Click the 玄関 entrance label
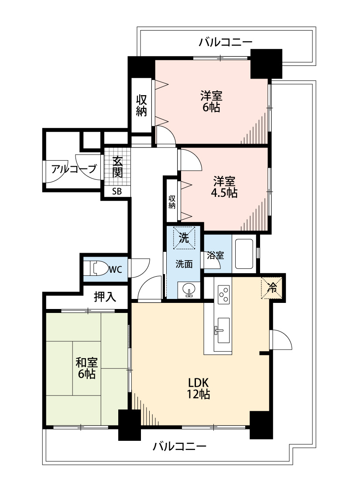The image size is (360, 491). [117, 167]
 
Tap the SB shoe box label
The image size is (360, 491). [117, 191]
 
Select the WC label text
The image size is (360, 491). [115, 269]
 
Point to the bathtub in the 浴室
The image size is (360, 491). [244, 254]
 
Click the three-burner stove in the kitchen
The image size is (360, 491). [224, 294]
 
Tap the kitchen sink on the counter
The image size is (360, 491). [223, 330]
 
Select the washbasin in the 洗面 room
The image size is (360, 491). [189, 290]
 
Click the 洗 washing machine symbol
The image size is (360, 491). [184, 238]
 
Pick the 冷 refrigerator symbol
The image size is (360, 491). [272, 288]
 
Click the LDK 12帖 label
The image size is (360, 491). [198, 388]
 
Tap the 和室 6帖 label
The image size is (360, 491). [87, 368]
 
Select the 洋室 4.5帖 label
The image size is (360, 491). [224, 187]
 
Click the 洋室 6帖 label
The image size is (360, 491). [212, 101]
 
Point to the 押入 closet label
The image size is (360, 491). [105, 296]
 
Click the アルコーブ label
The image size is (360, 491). [74, 169]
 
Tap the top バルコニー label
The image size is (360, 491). [226, 41]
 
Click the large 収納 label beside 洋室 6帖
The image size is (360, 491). [141, 106]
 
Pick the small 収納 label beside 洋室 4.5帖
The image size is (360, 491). [172, 202]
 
